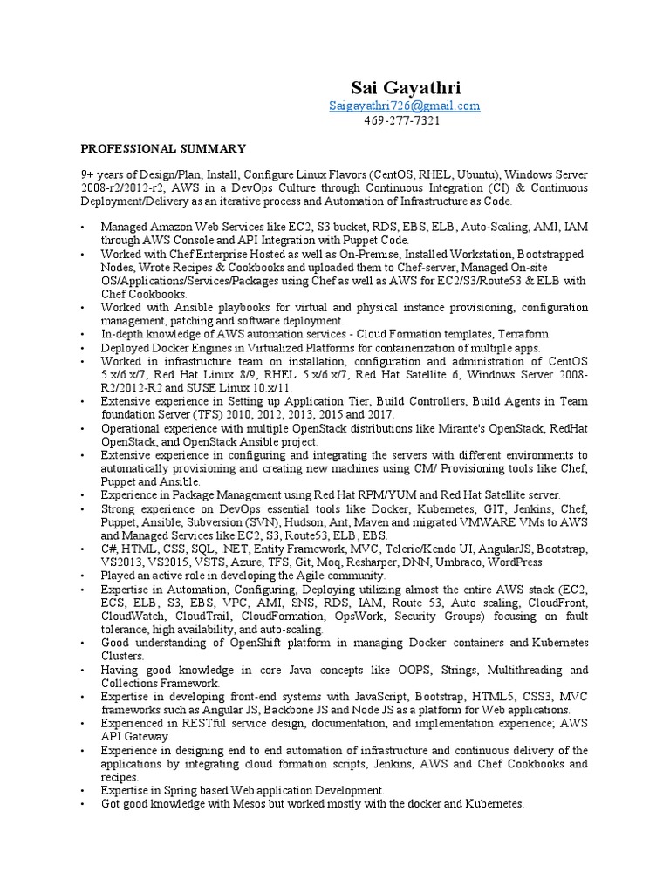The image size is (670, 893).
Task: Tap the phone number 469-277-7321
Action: pyautogui.click(x=401, y=120)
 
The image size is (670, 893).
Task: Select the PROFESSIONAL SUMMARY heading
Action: pyautogui.click(x=164, y=149)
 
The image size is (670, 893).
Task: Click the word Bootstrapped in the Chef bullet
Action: pyautogui.click(x=549, y=254)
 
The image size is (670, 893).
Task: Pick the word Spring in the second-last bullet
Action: pyautogui.click(x=173, y=790)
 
